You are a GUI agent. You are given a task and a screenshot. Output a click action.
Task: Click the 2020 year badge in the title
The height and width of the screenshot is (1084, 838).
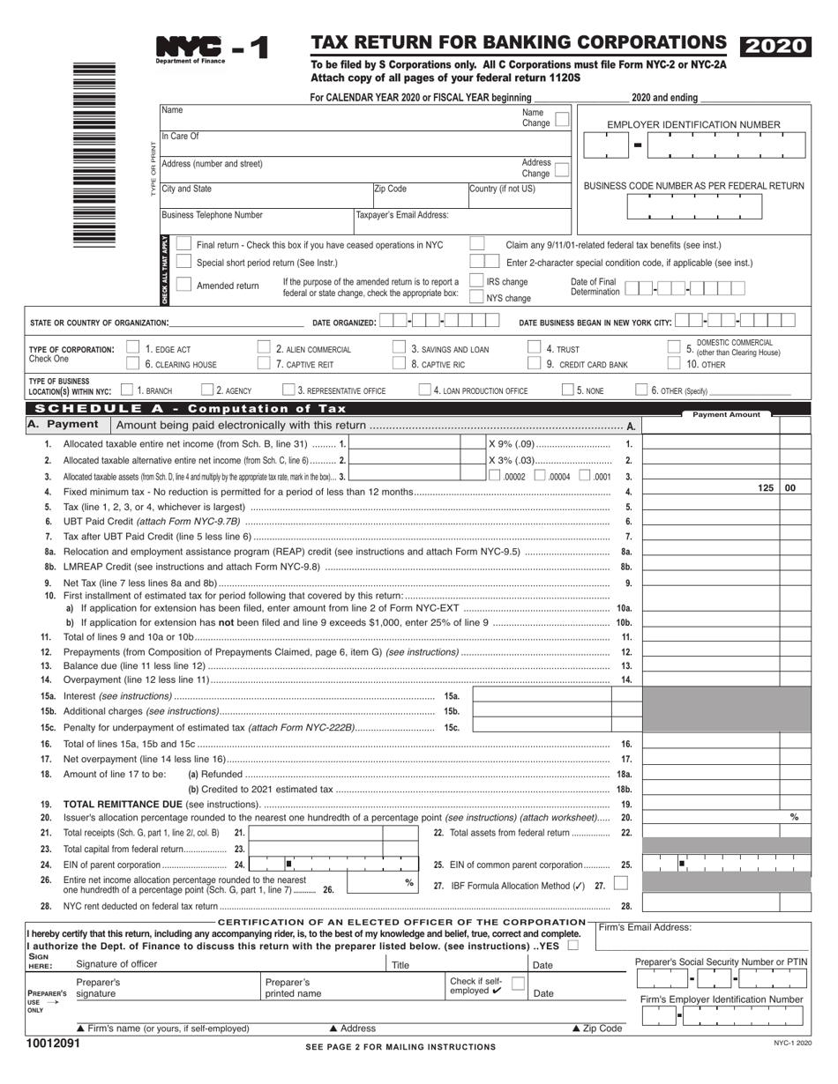coord(774,47)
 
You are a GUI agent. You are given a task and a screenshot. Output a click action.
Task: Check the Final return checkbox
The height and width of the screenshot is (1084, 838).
coord(183,244)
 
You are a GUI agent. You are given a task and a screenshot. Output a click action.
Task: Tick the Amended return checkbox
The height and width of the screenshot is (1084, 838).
coord(183,285)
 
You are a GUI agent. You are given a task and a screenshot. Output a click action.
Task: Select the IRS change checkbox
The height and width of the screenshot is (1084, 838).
coord(476,281)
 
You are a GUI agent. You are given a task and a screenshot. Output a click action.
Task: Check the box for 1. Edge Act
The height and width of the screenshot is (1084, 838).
coord(133,348)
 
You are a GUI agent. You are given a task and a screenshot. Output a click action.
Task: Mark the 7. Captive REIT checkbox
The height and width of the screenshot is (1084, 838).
coord(264,363)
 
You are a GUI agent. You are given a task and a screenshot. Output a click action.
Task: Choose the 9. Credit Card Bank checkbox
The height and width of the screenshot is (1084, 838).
coord(534,363)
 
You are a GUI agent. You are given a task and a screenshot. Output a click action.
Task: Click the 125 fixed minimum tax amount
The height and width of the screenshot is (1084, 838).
coord(765,487)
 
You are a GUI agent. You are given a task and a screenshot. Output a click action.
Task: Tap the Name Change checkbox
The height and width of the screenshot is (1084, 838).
coord(562,118)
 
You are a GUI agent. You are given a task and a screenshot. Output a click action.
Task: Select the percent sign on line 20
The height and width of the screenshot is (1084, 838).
coord(794,818)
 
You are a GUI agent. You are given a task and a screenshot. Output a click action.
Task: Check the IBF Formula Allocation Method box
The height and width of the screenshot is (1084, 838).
coord(621,883)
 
